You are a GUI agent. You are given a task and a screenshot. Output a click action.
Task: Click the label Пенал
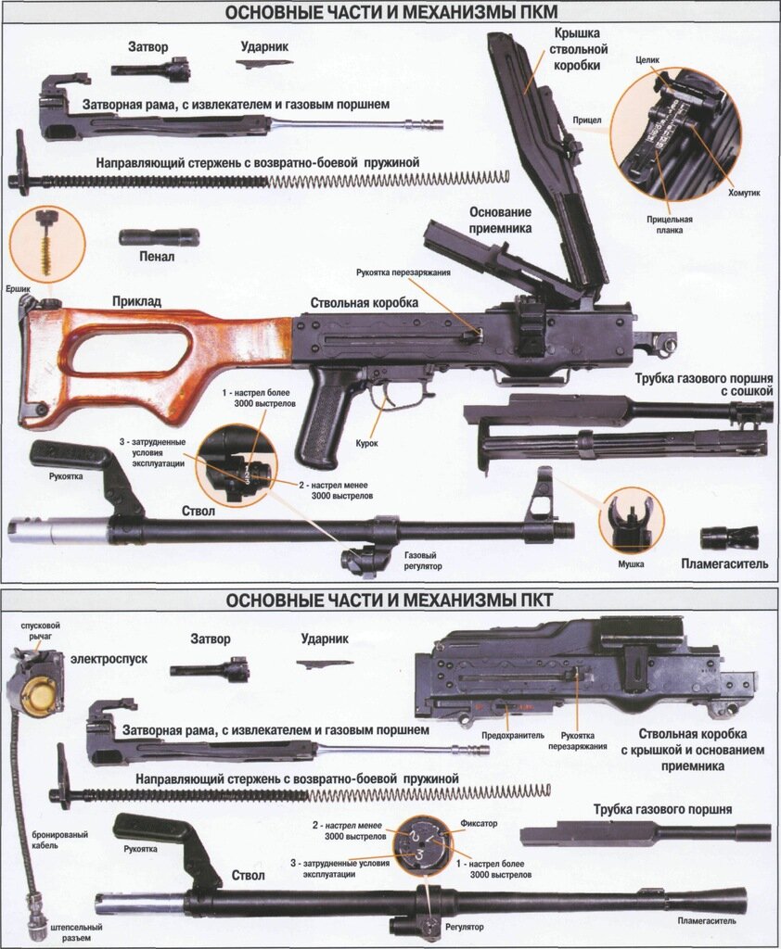coord(159,257)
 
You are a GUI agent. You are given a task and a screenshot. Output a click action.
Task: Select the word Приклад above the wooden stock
coord(136,301)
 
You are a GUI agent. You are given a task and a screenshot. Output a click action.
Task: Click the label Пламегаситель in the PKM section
coord(725,563)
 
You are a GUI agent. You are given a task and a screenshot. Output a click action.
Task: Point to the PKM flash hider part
coord(729,538)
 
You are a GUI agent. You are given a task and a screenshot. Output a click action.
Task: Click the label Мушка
coord(631,563)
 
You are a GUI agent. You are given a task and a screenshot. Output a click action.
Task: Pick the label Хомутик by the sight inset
coord(744,193)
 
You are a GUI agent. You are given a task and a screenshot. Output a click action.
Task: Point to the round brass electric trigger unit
coord(35,695)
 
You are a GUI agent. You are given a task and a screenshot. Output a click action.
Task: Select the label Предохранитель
coord(511,736)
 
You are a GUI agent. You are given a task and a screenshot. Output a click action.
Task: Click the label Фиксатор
coord(479,822)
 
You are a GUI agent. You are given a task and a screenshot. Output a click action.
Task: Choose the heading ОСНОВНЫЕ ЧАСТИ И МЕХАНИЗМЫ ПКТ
coord(390,600)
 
